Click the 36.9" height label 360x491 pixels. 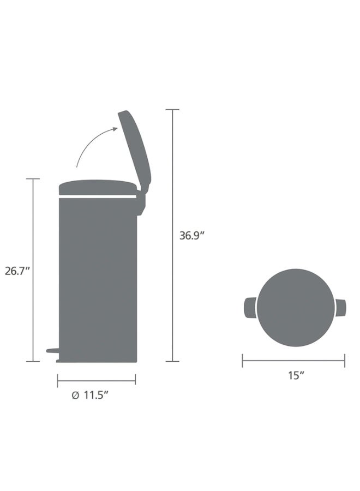tap(191, 236)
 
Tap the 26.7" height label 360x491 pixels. tap(17, 271)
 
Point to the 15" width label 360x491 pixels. tap(296, 375)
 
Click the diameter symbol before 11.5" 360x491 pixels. tap(75, 396)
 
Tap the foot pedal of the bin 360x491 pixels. tap(52, 350)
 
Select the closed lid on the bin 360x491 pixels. tap(98, 187)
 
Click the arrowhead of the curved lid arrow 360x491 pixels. tap(115, 129)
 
